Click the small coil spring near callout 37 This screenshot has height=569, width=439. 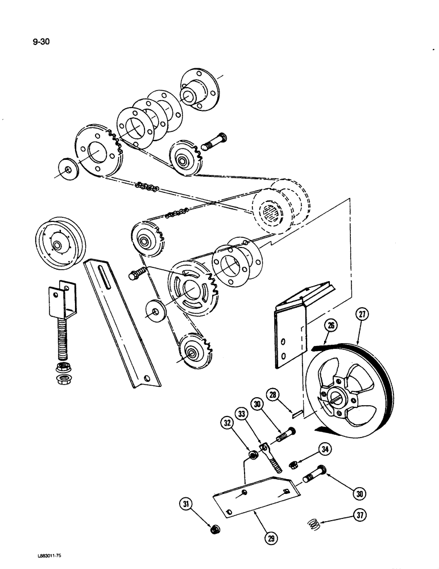(x=312, y=522)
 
